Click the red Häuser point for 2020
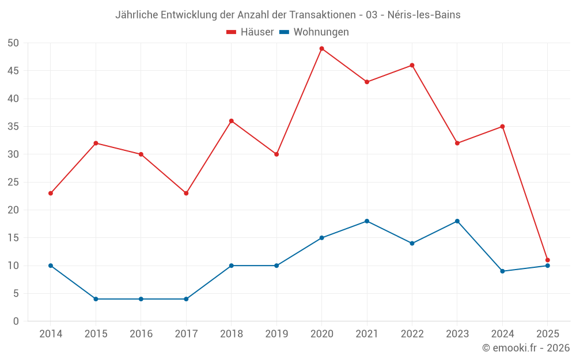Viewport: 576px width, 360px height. click(321, 48)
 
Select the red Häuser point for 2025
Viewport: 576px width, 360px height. click(547, 260)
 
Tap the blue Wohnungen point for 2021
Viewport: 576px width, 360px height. click(367, 221)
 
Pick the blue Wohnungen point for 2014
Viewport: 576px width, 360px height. click(51, 266)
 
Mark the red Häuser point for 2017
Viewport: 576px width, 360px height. click(186, 193)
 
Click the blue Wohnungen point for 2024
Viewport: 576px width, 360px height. click(502, 271)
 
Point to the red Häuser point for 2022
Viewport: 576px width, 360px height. click(412, 65)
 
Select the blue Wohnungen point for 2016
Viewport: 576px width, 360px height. click(141, 299)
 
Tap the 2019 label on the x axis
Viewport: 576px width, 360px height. click(276, 334)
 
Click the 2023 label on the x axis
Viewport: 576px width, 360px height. click(457, 334)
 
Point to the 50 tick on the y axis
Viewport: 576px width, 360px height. click(13, 43)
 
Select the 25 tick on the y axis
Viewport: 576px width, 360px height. click(13, 182)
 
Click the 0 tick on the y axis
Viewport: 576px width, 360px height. click(16, 321)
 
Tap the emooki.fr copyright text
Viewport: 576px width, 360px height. click(526, 348)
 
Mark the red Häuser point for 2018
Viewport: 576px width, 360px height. click(232, 121)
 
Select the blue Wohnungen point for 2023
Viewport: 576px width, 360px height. click(457, 221)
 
